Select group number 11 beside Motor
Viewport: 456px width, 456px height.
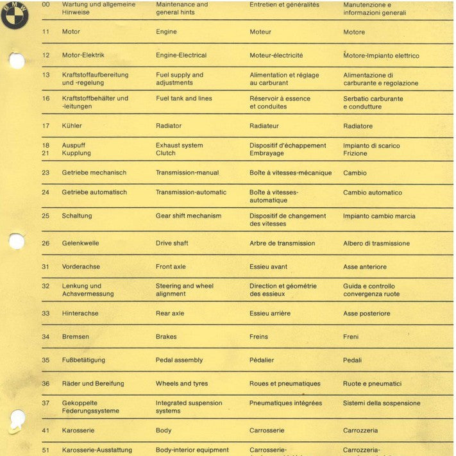pos(46,31)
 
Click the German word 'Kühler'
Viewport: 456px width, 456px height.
pos(72,126)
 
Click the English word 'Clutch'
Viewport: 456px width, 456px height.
pos(165,153)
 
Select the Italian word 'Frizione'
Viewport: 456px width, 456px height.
pos(355,154)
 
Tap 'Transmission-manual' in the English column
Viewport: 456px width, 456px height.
pos(187,173)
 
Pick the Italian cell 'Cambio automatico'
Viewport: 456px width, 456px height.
pos(373,192)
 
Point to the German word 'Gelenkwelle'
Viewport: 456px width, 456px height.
pos(80,243)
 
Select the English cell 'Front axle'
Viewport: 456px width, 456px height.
pos(173,267)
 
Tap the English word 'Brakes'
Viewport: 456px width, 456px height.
pos(166,337)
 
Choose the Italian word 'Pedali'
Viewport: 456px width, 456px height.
pos(353,360)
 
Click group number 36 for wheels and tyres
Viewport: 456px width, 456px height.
pos(46,384)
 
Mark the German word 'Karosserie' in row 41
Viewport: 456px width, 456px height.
pos(78,430)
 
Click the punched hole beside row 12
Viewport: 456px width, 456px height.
pos(17,61)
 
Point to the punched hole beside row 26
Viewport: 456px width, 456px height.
pos(17,241)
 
